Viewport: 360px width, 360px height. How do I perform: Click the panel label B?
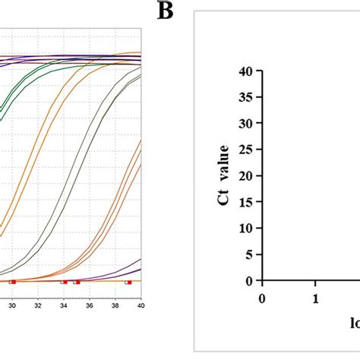[165, 11]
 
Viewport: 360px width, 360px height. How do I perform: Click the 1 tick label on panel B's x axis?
[315, 298]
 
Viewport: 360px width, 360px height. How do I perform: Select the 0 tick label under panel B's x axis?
[263, 298]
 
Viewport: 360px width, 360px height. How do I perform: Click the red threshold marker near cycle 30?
[13, 282]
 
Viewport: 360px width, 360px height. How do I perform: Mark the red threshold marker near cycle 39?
[129, 282]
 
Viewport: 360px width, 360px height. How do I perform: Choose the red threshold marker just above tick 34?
[65, 282]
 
